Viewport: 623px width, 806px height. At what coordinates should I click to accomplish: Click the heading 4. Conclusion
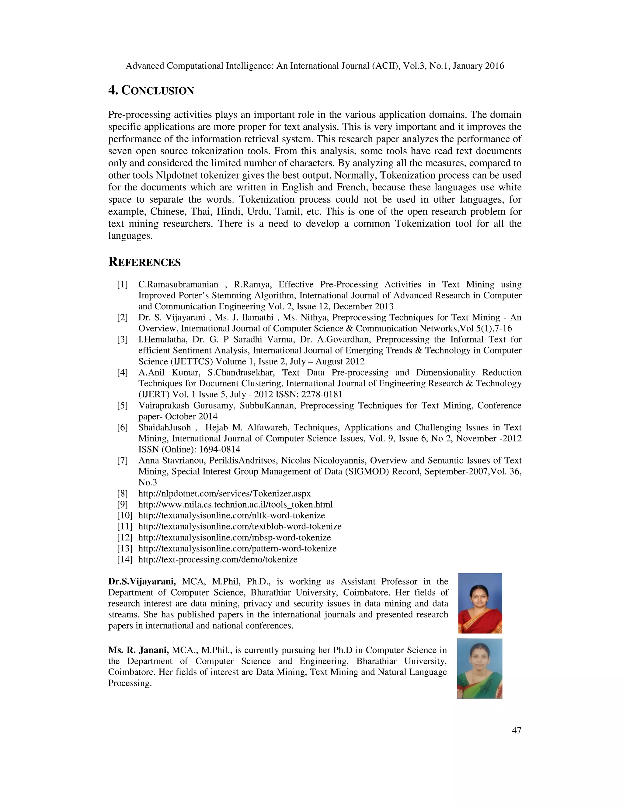coord(151,90)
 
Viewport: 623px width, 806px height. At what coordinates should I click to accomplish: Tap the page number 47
coord(516,730)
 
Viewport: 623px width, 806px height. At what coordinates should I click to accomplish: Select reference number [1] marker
coord(123,285)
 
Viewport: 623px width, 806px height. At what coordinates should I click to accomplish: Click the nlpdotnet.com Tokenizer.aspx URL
coord(224,493)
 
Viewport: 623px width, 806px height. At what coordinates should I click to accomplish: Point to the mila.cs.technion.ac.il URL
coord(235,505)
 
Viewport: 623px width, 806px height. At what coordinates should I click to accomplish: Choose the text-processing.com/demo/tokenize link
coord(218,559)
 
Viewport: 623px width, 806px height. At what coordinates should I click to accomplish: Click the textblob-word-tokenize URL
coord(240,526)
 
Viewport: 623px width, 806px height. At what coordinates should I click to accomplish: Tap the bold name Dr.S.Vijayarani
coord(142,582)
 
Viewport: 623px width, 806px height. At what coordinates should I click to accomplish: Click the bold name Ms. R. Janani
coord(138,650)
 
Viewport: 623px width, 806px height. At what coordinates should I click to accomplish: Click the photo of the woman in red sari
coord(480,603)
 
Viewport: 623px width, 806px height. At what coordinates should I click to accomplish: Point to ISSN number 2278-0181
coord(322,394)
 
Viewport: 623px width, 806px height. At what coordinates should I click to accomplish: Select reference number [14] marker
coord(124,559)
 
